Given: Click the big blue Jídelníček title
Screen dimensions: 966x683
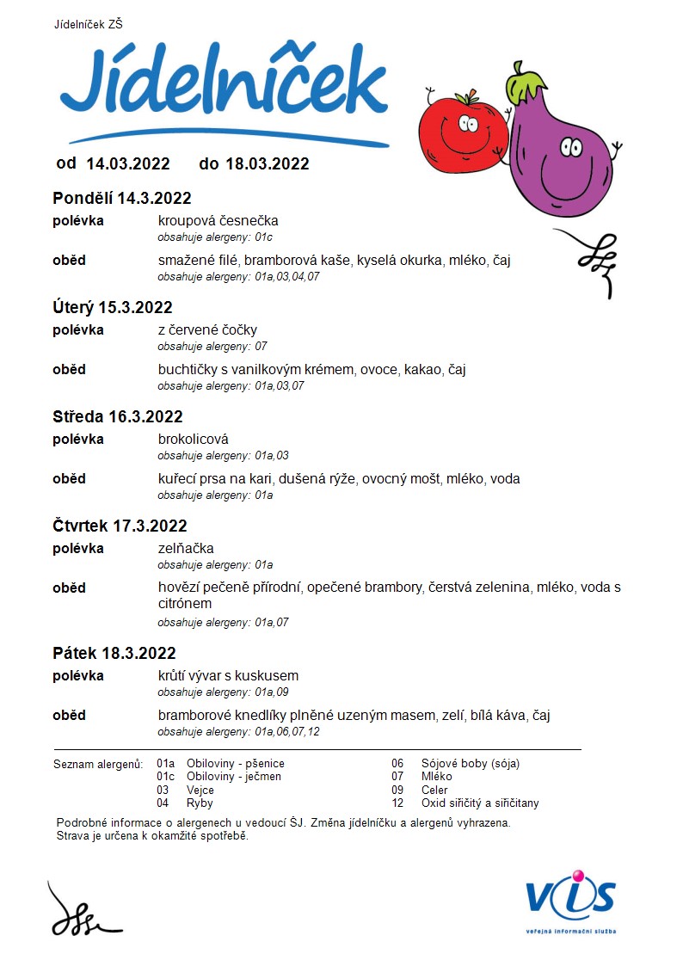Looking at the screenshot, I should pos(224,86).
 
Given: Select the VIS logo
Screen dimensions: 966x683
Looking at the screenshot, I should pos(571,899).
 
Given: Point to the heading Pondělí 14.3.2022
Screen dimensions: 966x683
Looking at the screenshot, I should pos(122,199).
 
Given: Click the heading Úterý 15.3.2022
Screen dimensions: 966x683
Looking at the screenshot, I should pos(113,308).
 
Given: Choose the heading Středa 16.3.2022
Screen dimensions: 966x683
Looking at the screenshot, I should pos(118,417).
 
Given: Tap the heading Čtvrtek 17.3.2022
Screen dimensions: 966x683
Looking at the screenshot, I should pos(120,526).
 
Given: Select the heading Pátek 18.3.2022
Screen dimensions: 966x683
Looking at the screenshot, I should pos(114,654).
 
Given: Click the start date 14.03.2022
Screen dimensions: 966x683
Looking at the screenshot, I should pos(128,163).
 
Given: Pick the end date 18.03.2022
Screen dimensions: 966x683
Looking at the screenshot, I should pos(267,163).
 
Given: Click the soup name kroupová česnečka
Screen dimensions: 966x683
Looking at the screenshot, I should pos(218,221).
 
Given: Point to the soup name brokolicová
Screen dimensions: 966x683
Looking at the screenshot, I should pos(194,440).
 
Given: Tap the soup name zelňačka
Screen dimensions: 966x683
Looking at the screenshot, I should pos(186,549).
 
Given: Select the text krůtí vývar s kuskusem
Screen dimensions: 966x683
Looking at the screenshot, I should pos(228,676).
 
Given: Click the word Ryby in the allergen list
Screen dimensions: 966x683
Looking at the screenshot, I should pos(200,803).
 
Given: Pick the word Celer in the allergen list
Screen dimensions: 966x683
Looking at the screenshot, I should pos(434,790).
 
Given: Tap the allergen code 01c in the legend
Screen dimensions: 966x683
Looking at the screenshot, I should pos(165,777).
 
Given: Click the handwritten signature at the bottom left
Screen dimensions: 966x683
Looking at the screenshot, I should pos(82,912).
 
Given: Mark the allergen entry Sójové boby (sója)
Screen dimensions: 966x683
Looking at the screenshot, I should pos(470,763).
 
